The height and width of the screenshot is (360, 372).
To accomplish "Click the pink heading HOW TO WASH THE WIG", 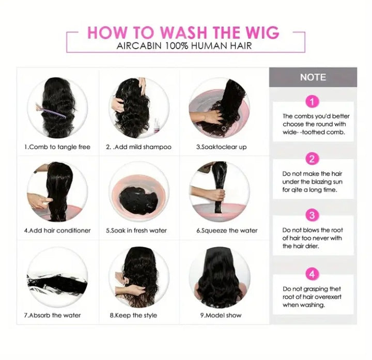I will point(183,32).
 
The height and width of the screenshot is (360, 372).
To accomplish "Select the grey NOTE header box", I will point(313,77).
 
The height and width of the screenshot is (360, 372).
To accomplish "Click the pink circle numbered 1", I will point(313,101).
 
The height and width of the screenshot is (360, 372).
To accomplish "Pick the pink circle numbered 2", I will point(313,159).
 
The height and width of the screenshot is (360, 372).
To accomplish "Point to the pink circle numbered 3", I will point(313,215).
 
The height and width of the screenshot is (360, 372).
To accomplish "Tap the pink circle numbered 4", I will point(313,273).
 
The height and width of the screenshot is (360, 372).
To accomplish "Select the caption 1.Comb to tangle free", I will point(57,147).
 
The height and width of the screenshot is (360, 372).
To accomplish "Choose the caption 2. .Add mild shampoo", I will point(138,147).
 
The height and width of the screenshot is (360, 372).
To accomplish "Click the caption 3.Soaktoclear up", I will point(221,147).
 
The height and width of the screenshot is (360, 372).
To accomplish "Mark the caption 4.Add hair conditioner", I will point(57,230).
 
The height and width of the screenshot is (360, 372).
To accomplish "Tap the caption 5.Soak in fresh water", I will point(136,230).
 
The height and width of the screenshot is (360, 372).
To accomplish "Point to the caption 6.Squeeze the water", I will point(226,230).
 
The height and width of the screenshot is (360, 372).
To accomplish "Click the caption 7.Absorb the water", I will point(52,315).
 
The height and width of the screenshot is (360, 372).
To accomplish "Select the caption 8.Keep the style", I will point(133,315).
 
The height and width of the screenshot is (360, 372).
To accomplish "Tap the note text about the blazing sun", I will point(313,182).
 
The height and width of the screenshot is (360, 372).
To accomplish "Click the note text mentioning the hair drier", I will point(313,238).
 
